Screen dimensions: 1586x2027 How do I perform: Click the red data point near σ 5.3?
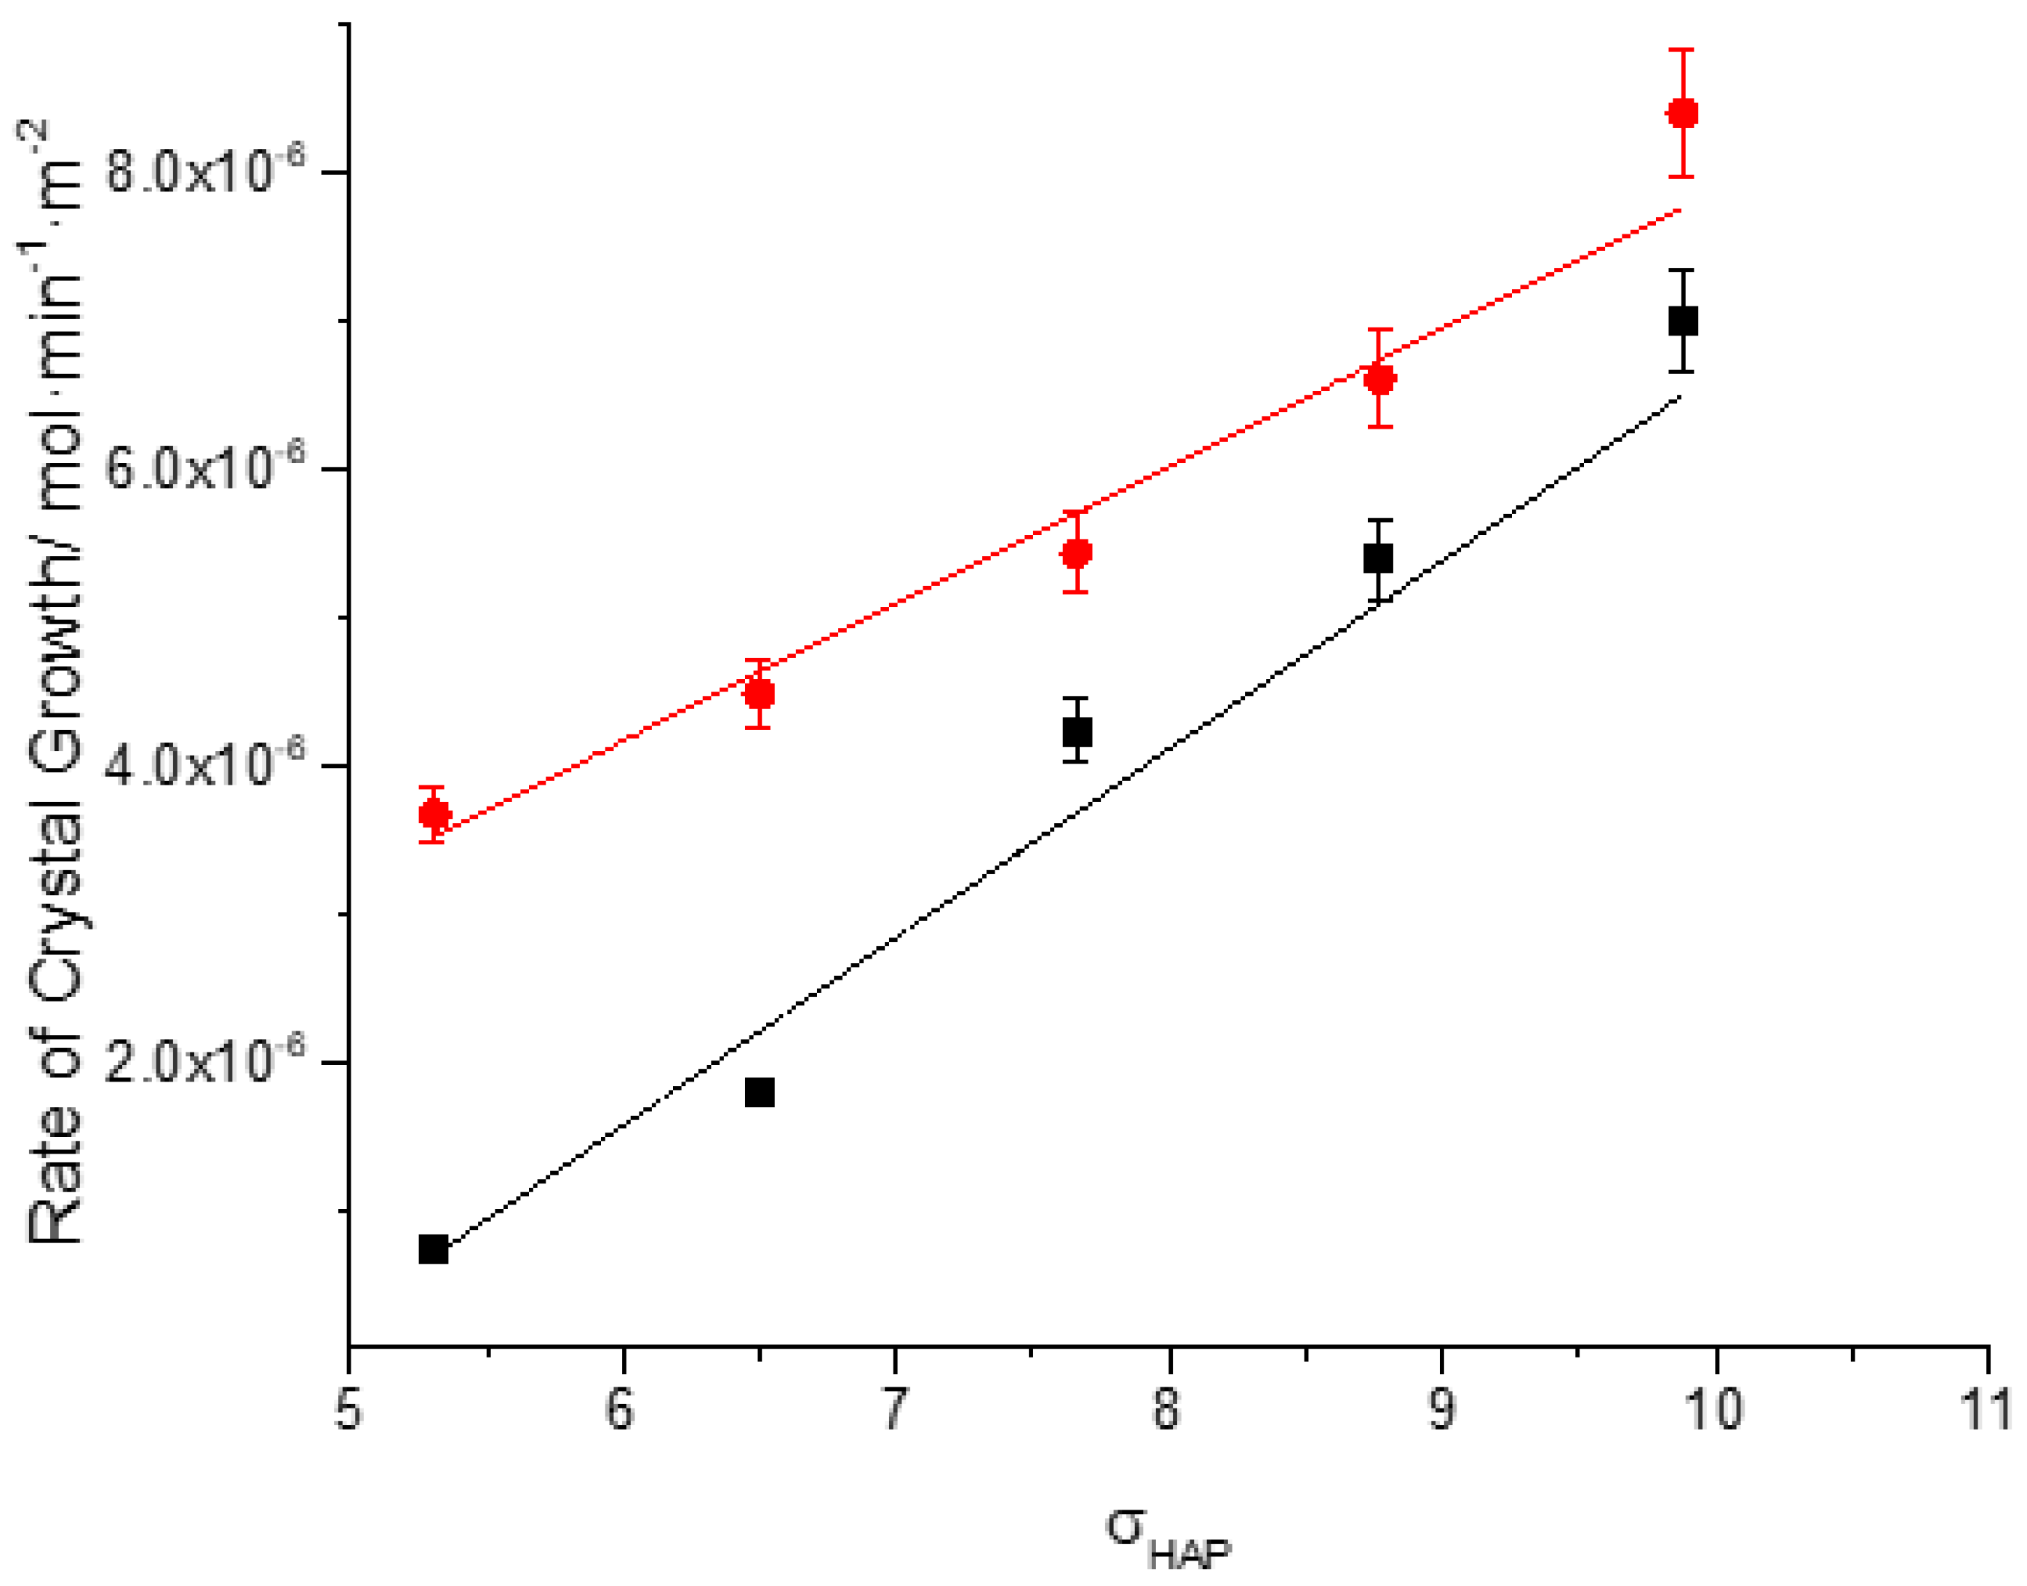coord(434,815)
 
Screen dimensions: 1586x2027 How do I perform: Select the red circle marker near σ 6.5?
coord(759,694)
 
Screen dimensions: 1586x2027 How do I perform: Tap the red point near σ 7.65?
coord(1077,553)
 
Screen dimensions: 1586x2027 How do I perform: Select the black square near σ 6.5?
coord(759,1092)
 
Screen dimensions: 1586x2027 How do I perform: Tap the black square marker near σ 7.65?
coord(1077,731)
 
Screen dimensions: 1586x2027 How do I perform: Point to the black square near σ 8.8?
coord(1378,558)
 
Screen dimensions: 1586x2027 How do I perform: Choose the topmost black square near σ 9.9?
coord(1683,321)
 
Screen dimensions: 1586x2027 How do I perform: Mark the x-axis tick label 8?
coord(1166,1410)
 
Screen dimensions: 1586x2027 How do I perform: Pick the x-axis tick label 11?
coord(1986,1410)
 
